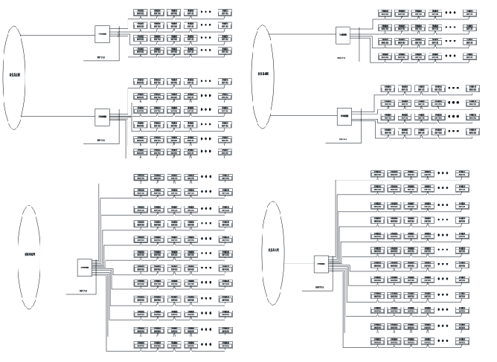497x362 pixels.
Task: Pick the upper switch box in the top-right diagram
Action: coord(344,33)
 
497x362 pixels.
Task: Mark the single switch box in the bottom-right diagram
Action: coord(321,262)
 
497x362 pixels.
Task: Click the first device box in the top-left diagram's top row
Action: coord(140,13)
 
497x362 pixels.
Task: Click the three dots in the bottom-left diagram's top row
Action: coord(206,178)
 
